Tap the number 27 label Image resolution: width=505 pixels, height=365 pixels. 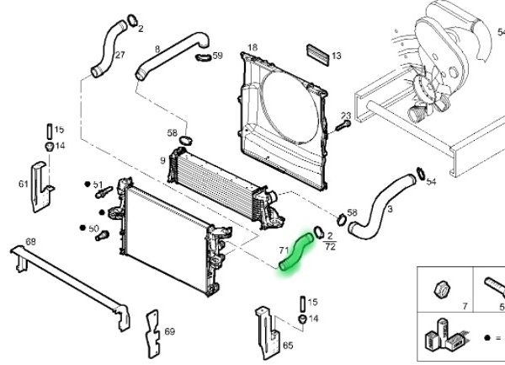point(120,56)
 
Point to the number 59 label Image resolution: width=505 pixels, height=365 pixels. point(217,56)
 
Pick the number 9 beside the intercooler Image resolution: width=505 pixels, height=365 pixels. point(162,160)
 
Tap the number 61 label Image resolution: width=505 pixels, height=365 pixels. point(23,183)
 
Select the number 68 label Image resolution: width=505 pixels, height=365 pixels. point(30,242)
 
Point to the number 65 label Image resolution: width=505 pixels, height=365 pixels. point(287,346)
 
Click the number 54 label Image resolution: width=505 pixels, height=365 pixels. point(432,181)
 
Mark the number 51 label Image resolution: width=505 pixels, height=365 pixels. point(98,185)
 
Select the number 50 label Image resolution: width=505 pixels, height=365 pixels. point(93,228)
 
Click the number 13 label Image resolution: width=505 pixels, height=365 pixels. point(336,56)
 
